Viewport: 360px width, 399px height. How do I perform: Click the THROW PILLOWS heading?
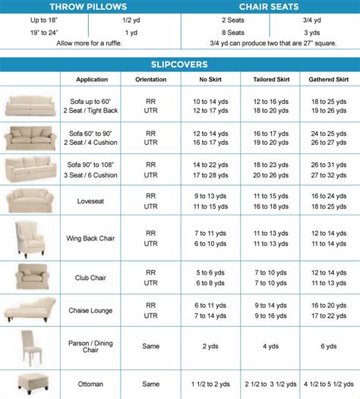[x=89, y=6]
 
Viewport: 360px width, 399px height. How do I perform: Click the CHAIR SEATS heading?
[x=270, y=6]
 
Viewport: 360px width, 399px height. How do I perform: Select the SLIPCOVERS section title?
[x=180, y=64]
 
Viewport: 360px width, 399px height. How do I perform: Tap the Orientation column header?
[x=151, y=80]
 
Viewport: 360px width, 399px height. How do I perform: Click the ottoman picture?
[x=28, y=382]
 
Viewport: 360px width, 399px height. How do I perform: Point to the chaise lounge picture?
[x=28, y=310]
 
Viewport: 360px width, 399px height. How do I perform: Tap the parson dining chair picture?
[x=28, y=346]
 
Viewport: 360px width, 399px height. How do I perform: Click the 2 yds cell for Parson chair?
[x=210, y=346]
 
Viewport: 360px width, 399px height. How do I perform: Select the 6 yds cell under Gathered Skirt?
[x=329, y=346]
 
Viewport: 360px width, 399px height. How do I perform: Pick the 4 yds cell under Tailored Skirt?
[x=270, y=346]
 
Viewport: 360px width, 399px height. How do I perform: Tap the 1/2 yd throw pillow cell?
[x=134, y=20]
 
